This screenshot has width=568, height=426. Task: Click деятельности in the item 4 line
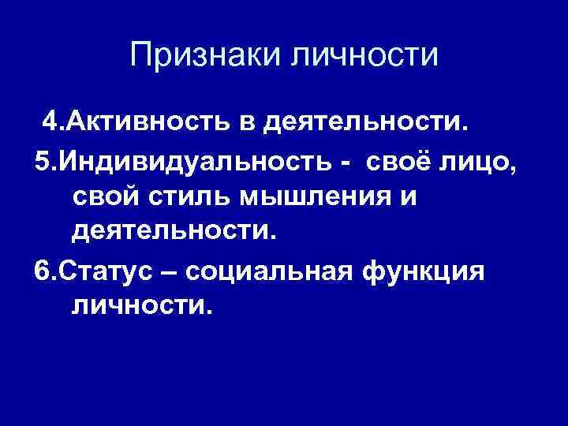367,123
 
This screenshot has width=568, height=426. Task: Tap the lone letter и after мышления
407,196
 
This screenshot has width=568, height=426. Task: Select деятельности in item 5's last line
172,232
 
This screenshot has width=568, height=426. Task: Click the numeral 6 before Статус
42,268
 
